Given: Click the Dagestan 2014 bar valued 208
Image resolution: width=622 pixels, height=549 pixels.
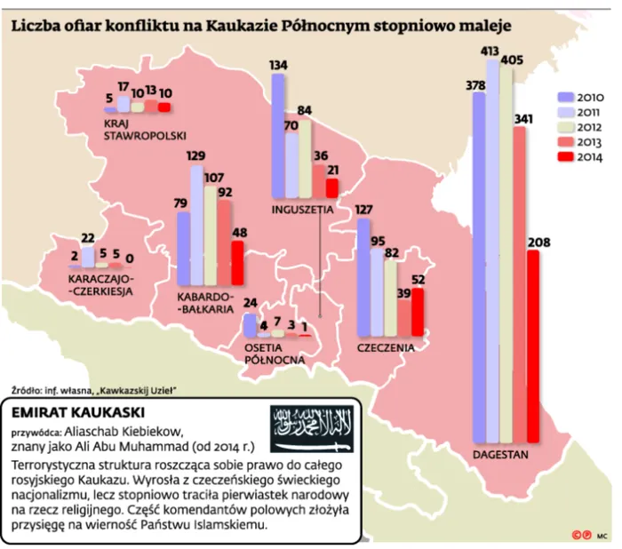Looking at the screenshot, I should coord(532,346).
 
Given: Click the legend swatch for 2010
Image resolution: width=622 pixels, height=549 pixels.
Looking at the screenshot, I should coord(565,97).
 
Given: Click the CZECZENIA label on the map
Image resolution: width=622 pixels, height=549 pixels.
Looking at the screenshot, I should coord(386,347).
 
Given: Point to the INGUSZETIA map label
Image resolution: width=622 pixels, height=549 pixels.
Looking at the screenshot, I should coord(303,210).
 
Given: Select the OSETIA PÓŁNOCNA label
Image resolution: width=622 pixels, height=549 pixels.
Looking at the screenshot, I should coord(274,354).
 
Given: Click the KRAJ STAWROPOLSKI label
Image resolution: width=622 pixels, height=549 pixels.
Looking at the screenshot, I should coord(143,129).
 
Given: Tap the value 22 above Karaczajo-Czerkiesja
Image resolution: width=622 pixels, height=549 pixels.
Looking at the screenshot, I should coord(88,238).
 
